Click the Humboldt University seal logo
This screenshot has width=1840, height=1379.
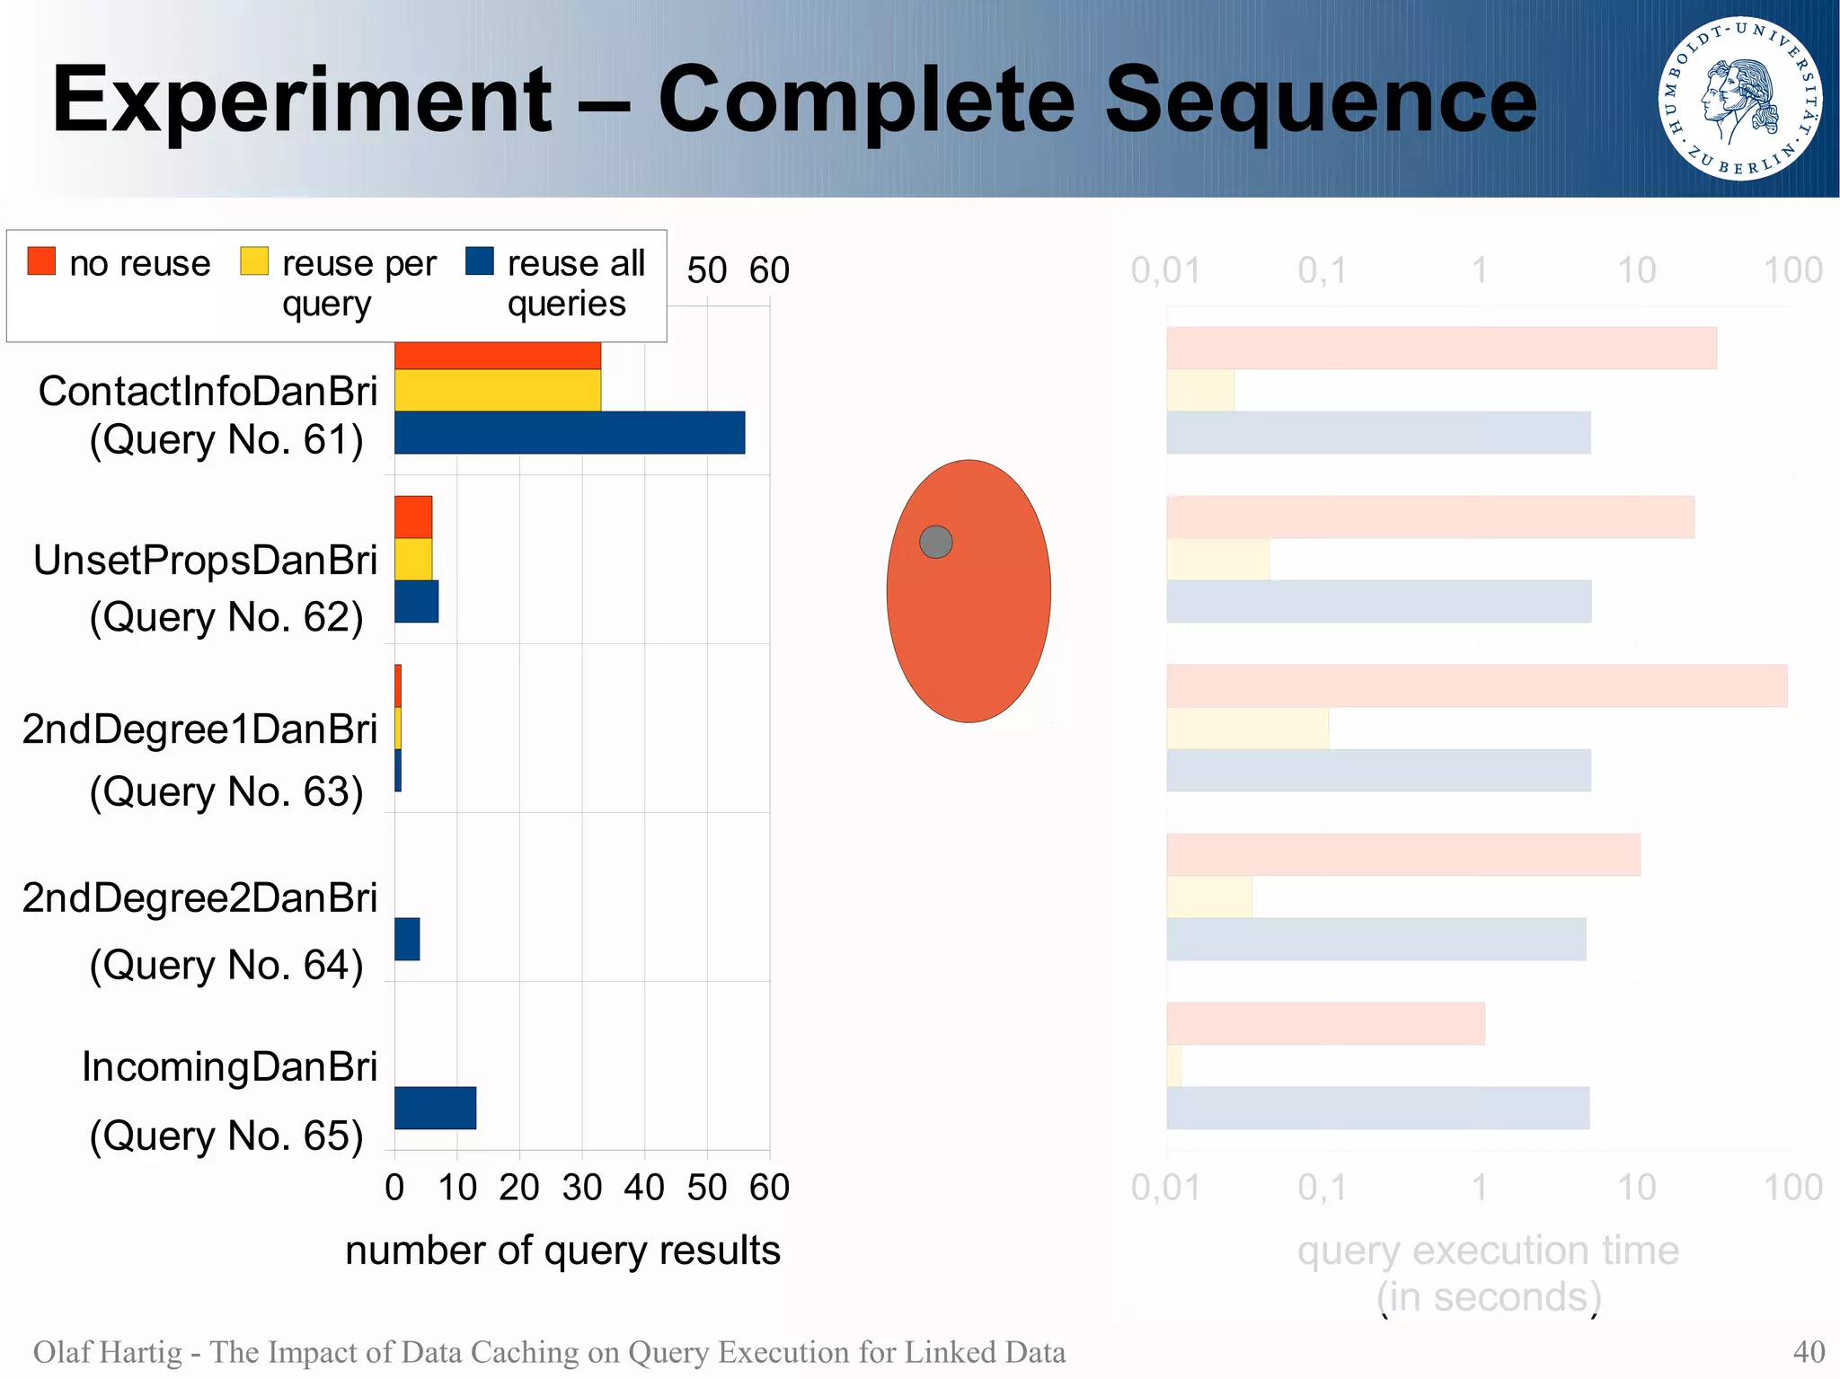click(x=1739, y=99)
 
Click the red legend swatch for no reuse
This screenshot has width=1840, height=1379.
click(x=41, y=261)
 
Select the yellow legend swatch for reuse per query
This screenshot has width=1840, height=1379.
click(x=254, y=261)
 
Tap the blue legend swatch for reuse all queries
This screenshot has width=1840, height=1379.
click(x=480, y=261)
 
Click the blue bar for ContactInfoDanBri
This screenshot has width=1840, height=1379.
click(x=569, y=433)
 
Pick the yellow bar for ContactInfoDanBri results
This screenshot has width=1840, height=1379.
click(x=497, y=390)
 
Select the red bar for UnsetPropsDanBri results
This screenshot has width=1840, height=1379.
click(x=413, y=517)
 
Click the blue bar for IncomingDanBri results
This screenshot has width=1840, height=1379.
click(x=435, y=1108)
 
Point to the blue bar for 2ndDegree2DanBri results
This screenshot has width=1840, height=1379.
click(x=407, y=939)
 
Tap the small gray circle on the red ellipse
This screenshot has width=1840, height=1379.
click(x=935, y=542)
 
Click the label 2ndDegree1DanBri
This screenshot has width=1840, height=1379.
click(x=199, y=729)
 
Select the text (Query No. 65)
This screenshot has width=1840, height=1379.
click(x=226, y=1136)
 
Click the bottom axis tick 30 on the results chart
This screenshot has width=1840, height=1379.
click(x=581, y=1188)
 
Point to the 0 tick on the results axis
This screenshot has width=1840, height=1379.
click(x=394, y=1188)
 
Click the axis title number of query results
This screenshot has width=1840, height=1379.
click(x=562, y=1251)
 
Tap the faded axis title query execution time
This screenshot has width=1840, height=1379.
click(x=1488, y=1251)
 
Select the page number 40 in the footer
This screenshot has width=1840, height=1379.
click(x=1808, y=1352)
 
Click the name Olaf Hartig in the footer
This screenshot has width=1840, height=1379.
click(x=107, y=1352)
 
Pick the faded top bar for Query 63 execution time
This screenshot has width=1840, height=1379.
click(x=1476, y=685)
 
